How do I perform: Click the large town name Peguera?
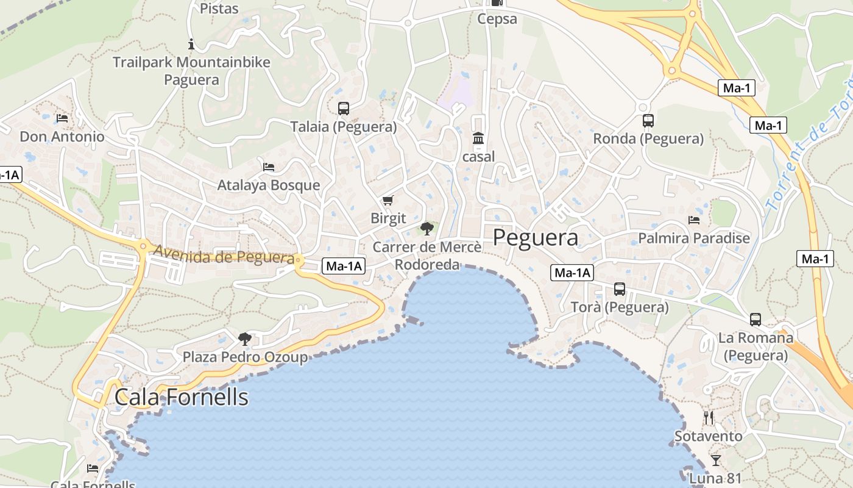pyautogui.click(x=536, y=237)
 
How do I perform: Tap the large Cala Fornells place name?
pyautogui.click(x=182, y=397)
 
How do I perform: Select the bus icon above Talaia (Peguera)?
pyautogui.click(x=344, y=109)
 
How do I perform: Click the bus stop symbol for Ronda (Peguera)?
pyautogui.click(x=648, y=121)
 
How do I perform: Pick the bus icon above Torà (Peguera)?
pyautogui.click(x=620, y=289)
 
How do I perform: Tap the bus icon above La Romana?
pyautogui.click(x=756, y=320)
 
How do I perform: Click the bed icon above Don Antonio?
pyautogui.click(x=62, y=118)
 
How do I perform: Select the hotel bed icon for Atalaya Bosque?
pyautogui.click(x=269, y=167)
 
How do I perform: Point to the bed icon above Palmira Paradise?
pyautogui.click(x=694, y=220)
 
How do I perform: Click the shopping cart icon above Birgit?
pyautogui.click(x=388, y=201)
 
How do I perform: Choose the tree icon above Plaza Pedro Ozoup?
pyautogui.click(x=245, y=339)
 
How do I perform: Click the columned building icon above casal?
pyautogui.click(x=478, y=138)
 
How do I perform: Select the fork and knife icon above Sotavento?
pyautogui.click(x=709, y=418)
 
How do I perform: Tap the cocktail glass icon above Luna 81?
pyautogui.click(x=716, y=460)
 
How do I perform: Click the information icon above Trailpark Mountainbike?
pyautogui.click(x=191, y=44)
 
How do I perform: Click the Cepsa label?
pyautogui.click(x=497, y=19)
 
